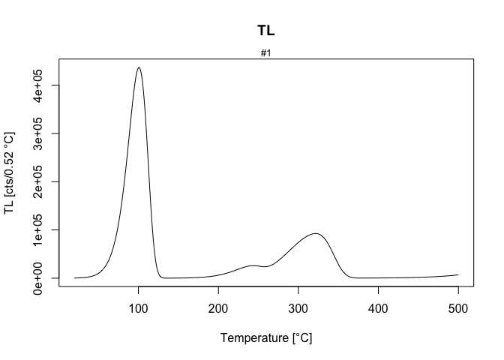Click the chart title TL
[x=266, y=31]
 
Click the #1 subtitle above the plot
[x=266, y=53]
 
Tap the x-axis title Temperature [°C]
[x=266, y=337]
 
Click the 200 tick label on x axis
[x=218, y=308]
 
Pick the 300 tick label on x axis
[x=298, y=308]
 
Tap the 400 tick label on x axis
[x=378, y=308]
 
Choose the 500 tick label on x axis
[x=457, y=308]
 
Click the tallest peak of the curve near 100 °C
[x=139, y=67]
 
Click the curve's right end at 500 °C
[x=457, y=274]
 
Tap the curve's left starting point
[x=75, y=277]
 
